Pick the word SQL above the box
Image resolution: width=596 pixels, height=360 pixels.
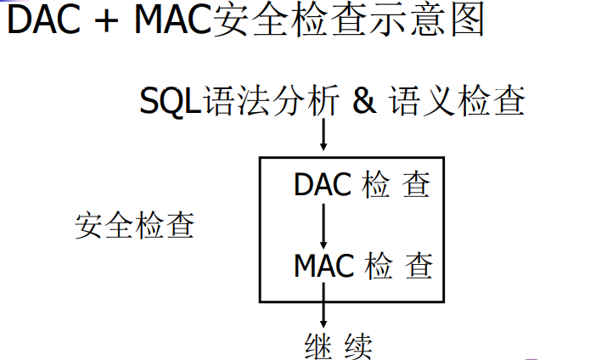tap(169, 104)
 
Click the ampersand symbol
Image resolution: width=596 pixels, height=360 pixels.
tap(363, 103)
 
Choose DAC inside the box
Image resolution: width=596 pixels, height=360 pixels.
tap(323, 184)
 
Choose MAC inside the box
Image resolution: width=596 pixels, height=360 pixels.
tap(324, 266)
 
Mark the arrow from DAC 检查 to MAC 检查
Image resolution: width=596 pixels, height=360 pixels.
tap(323, 225)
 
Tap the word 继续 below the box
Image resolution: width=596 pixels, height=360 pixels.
tap(338, 346)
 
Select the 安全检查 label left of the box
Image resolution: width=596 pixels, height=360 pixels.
tap(134, 226)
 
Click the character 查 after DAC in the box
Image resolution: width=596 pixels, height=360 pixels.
tap(416, 184)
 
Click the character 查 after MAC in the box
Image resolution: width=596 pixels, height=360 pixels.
tap(419, 266)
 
